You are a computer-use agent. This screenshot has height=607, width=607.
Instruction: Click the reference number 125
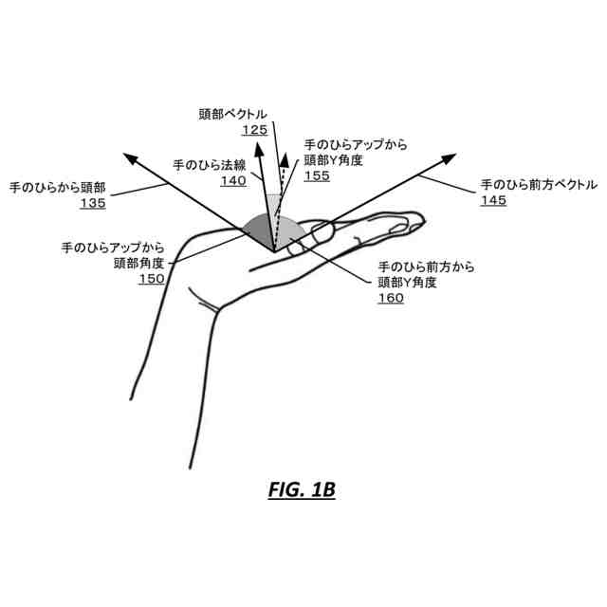[x=254, y=130]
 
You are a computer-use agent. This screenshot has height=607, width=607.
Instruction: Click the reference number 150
[x=152, y=279]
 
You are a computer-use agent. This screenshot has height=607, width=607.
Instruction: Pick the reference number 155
[x=318, y=176]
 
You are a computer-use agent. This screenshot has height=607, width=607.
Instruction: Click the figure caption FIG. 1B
[x=303, y=490]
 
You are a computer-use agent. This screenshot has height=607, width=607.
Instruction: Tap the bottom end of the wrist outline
[x=190, y=467]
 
